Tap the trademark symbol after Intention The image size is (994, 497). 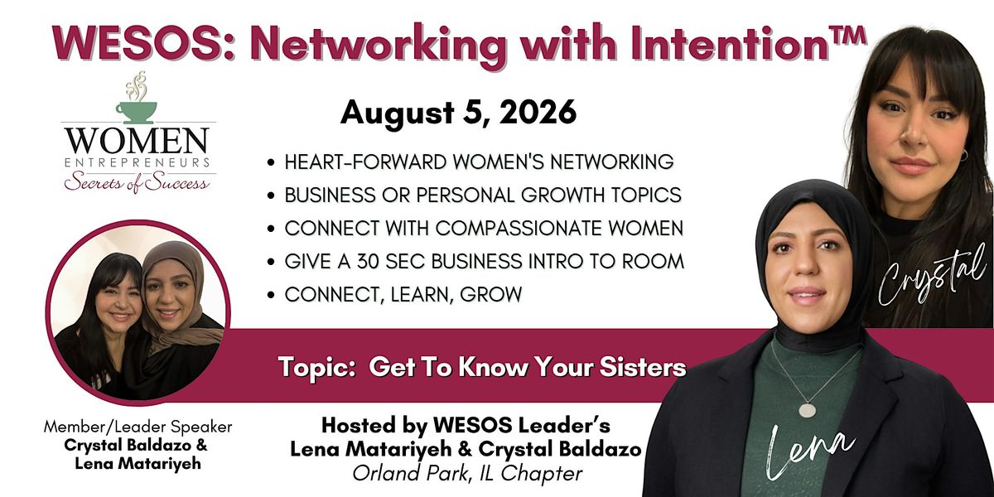click(847, 36)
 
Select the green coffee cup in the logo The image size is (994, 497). click(136, 113)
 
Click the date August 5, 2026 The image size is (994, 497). click(458, 113)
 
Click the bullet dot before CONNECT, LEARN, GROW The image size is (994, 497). click(271, 295)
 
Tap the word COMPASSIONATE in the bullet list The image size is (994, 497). click(519, 229)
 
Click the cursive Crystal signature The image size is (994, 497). click(931, 278)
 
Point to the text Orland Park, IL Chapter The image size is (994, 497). click(467, 474)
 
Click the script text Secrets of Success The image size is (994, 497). click(136, 183)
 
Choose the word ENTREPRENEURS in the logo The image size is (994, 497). click(138, 162)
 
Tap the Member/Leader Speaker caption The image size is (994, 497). click(138, 427)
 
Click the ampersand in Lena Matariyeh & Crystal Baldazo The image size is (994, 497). click(464, 449)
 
